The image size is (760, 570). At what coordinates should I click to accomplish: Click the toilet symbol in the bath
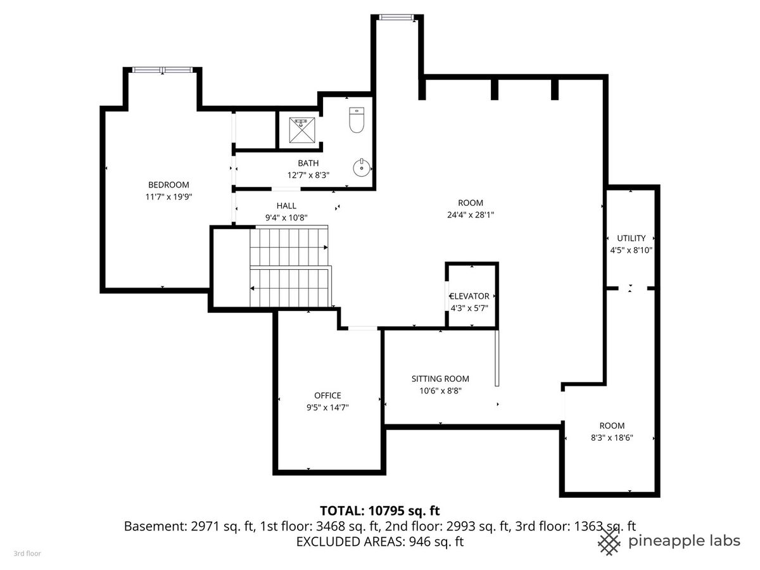coord(357,120)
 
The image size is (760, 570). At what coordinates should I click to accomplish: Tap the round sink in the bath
coord(361,168)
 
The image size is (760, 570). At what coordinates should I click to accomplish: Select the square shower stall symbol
coord(302,130)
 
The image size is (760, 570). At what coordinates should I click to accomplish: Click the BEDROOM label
coord(168,185)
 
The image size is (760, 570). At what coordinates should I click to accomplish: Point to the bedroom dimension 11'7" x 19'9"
coord(168,197)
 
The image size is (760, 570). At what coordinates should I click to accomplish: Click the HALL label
coord(286,206)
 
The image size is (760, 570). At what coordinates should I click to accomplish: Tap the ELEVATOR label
coord(469,296)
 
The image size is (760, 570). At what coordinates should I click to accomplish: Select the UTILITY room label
coord(631,238)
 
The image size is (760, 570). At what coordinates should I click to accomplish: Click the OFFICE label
coord(327,395)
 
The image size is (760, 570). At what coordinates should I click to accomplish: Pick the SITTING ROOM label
coord(440,379)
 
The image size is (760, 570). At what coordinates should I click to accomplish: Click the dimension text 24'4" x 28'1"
coord(471,215)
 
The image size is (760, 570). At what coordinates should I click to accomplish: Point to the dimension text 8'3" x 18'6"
coord(612,438)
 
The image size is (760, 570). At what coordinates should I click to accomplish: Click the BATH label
coord(308,163)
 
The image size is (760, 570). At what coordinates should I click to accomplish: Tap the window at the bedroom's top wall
coord(162,70)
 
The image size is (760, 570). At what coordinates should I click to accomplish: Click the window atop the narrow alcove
coord(396,17)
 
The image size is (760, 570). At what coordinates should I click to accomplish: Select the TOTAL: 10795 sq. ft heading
coord(380,510)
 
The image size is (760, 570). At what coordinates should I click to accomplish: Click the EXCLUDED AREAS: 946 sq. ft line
coord(380,541)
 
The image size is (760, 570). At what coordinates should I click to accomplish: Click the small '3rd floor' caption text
coord(27,554)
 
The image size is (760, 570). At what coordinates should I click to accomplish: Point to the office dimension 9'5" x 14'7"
coord(327,407)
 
